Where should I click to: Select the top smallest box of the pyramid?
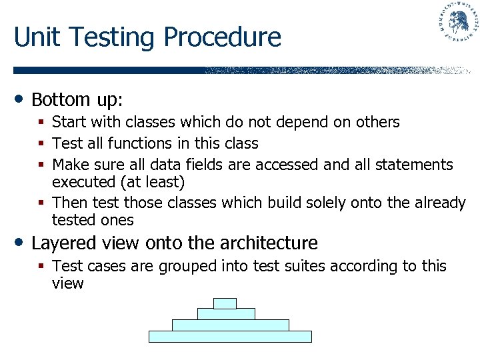click(x=225, y=303)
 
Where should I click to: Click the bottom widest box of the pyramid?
click(x=230, y=337)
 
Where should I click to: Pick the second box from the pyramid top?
click(x=226, y=314)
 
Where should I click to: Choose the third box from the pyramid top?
click(x=230, y=325)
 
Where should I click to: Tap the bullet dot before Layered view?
click(x=21, y=241)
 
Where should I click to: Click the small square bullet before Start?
click(x=42, y=123)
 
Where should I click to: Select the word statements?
click(x=411, y=165)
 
